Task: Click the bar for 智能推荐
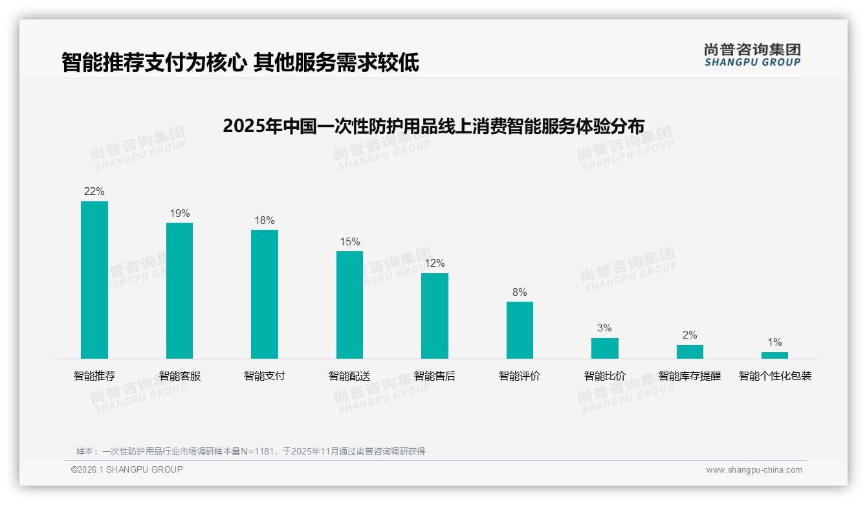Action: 94,280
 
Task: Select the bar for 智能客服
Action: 179,290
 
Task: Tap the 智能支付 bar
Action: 265,294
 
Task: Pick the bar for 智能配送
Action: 349,304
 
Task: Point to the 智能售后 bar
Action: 435,315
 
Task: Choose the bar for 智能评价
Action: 520,330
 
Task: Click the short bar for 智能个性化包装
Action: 774,355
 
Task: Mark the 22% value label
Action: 94,192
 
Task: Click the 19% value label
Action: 179,213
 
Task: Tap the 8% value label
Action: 520,292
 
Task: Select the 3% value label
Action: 604,328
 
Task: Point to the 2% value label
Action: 690,335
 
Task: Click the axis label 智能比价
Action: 604,376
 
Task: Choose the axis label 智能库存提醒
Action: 690,376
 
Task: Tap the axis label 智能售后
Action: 435,376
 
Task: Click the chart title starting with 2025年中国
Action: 433,126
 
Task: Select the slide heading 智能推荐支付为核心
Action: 240,62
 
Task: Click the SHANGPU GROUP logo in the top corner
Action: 752,55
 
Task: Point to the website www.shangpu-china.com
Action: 754,470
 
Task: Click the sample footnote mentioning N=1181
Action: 250,451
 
